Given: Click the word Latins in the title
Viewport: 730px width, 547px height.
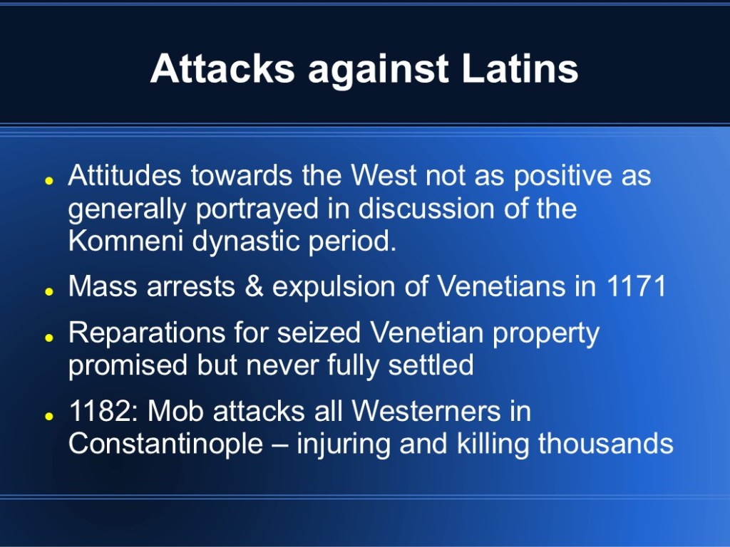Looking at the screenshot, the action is click(520, 69).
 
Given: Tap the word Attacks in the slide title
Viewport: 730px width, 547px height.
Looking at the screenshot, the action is click(222, 69).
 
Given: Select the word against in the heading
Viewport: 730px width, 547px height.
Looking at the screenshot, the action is click(378, 71).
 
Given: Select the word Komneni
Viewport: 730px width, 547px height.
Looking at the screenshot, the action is click(125, 241).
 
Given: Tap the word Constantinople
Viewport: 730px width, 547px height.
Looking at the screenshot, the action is click(165, 444).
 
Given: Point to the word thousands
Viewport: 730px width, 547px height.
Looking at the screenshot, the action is click(606, 443).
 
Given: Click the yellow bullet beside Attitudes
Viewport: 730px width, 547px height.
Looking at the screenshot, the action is click(49, 181).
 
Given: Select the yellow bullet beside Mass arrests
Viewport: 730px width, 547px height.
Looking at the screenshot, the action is click(49, 291).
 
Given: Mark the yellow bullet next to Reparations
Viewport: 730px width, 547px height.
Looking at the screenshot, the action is click(49, 338).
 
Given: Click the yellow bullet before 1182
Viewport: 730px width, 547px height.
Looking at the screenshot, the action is click(49, 416).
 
